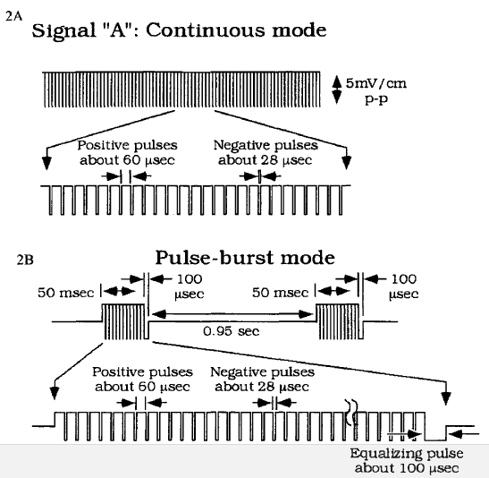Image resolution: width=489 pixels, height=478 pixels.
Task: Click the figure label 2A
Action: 14,16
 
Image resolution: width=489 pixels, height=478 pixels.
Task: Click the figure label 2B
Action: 25,260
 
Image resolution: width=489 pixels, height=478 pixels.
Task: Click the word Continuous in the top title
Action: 207,30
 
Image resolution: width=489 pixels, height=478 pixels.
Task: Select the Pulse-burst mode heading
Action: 245,258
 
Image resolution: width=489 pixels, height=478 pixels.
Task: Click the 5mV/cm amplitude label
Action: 376,83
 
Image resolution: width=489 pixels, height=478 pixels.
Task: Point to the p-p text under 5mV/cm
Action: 376,99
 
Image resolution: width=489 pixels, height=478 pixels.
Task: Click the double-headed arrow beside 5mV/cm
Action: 336,90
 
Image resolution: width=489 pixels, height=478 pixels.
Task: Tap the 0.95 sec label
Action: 231,331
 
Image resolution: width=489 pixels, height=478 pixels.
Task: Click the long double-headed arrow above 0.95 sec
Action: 232,314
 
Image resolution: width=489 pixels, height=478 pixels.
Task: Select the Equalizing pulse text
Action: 407,454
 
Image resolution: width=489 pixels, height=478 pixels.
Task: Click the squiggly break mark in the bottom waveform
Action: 351,412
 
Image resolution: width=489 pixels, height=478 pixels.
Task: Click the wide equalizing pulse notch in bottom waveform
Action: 435,432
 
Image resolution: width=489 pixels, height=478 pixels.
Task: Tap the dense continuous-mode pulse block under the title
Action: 181,90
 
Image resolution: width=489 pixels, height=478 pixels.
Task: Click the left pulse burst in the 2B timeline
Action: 125,321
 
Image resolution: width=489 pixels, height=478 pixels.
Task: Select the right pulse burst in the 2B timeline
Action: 340,321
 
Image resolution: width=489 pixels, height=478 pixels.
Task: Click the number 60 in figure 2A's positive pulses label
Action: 131,160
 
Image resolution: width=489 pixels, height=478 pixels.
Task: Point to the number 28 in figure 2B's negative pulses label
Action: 269,387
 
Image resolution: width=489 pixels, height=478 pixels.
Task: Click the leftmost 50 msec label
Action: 65,293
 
